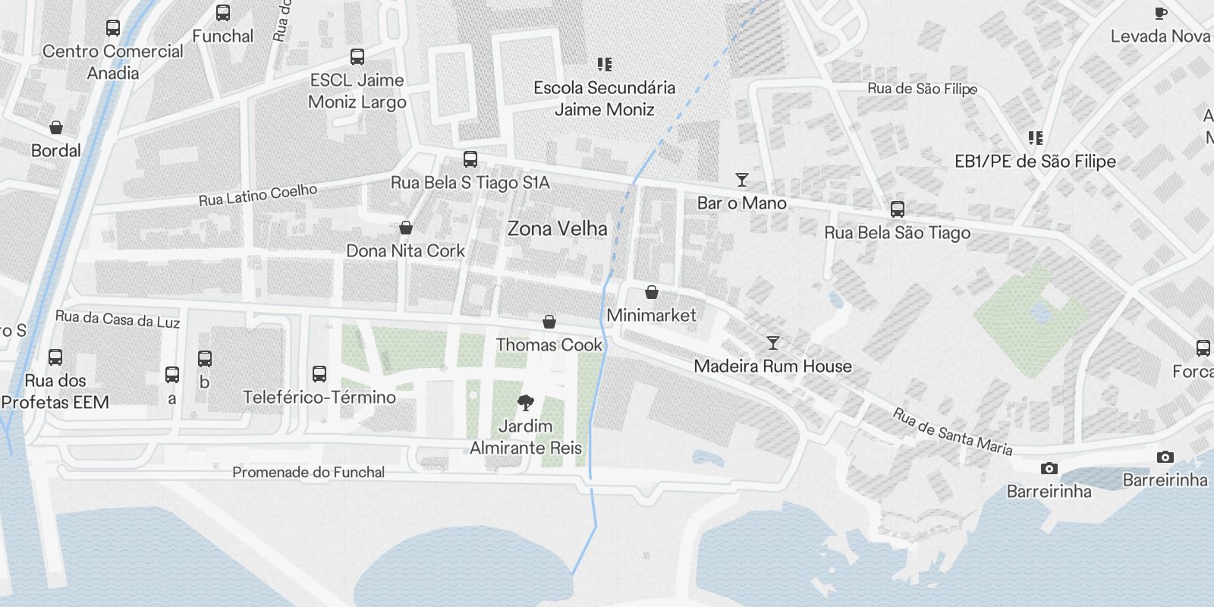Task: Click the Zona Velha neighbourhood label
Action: click(557, 228)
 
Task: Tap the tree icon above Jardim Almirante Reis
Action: click(525, 402)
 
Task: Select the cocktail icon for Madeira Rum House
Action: click(772, 343)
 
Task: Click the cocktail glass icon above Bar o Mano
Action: click(742, 180)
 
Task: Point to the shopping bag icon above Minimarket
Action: click(651, 292)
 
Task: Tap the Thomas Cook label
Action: click(549, 344)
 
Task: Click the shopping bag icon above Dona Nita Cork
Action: click(406, 228)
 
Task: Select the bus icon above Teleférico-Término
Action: click(319, 373)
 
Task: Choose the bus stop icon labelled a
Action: click(172, 374)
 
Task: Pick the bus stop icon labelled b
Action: click(205, 359)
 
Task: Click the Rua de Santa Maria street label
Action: click(951, 432)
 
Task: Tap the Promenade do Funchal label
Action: click(308, 472)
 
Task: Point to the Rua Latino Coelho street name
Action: click(258, 194)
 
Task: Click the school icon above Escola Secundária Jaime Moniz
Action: click(604, 64)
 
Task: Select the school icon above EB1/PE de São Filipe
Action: click(1036, 138)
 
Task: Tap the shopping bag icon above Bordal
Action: click(55, 127)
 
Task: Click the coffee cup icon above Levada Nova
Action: click(1160, 13)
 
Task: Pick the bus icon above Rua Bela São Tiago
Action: click(898, 209)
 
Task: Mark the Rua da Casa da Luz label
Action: click(118, 319)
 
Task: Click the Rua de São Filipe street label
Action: click(922, 89)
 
